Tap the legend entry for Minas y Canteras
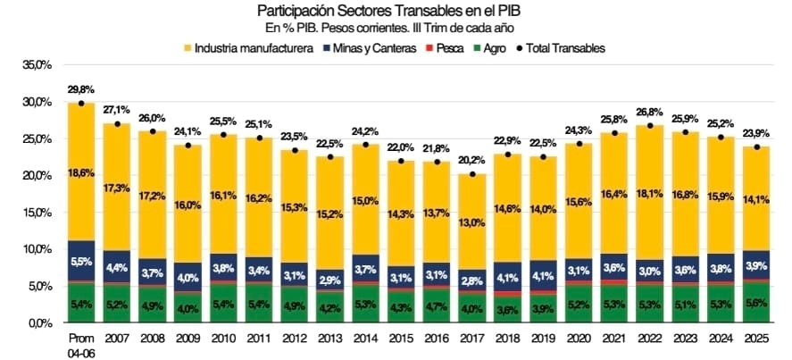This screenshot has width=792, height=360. (366, 47)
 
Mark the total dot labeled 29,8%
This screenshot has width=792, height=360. (81, 104)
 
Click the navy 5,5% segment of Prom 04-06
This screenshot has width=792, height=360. (81, 261)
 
